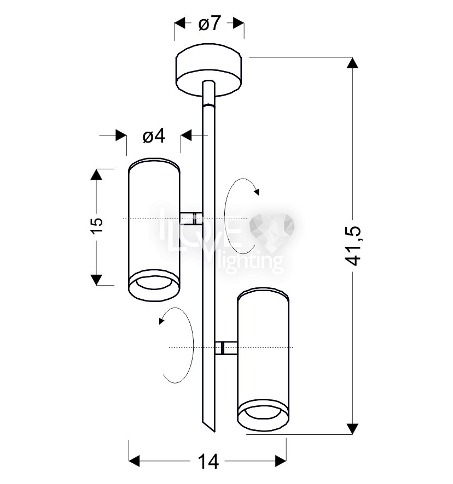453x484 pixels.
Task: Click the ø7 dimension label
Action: (x=210, y=23)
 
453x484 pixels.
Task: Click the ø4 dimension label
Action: (x=154, y=136)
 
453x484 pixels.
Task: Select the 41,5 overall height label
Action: (x=352, y=246)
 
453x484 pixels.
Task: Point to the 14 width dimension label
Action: (x=208, y=462)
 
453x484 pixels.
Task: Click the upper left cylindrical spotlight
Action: (x=154, y=230)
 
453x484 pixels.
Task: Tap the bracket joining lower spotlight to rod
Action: (x=226, y=348)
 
